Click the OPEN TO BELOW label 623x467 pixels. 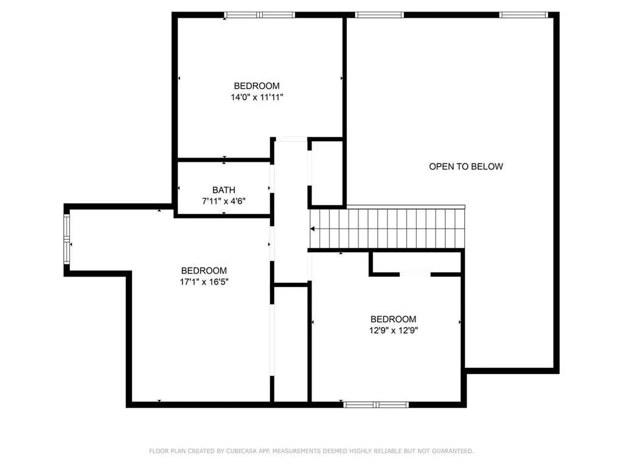click(x=466, y=166)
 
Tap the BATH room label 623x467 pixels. click(x=224, y=190)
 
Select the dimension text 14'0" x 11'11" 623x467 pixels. click(x=257, y=97)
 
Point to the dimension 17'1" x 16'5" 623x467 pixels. click(x=204, y=282)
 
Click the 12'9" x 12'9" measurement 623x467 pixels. click(x=394, y=330)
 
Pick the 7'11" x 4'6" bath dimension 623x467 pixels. click(x=224, y=201)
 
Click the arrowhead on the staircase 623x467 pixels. click(x=313, y=229)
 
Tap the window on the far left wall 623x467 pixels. click(x=68, y=240)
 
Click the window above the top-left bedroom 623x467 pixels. click(x=259, y=15)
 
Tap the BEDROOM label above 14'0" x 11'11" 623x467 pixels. click(x=257, y=86)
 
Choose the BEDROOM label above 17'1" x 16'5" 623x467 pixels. click(x=204, y=271)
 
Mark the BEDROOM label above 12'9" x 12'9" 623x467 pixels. click(x=394, y=319)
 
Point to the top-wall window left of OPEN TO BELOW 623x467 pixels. click(x=380, y=15)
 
